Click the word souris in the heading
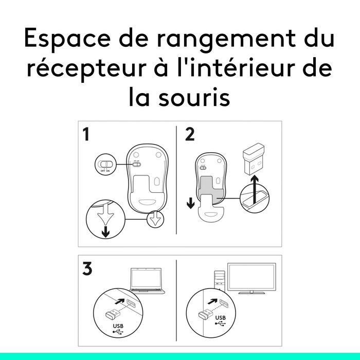tap(194, 97)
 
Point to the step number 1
tap(86, 134)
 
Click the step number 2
tap(190, 134)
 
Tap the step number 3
tap(87, 268)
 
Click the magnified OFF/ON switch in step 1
tap(105, 164)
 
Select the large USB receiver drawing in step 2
tap(253, 158)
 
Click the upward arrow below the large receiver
tap(255, 190)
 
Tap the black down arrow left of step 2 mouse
tap(191, 203)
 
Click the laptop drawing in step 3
tap(147, 281)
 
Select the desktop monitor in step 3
tap(251, 278)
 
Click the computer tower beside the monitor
tap(220, 281)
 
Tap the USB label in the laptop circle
tap(118, 326)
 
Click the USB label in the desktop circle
tap(221, 318)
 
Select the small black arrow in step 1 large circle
tap(105, 231)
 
